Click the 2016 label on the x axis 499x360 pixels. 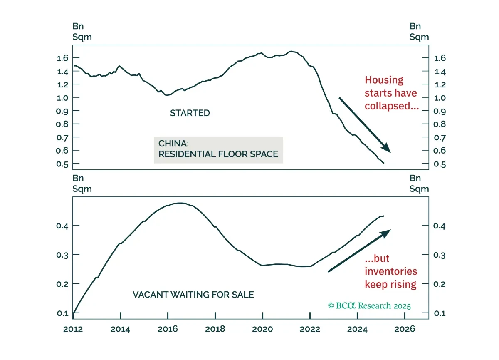168,329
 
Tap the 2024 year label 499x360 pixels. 357,329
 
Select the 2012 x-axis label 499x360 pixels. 73,329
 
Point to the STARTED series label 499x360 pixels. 190,113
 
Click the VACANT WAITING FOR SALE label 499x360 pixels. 193,295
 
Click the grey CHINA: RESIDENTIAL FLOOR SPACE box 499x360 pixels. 218,150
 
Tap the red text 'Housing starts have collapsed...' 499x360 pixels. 391,93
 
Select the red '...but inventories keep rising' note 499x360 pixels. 391,271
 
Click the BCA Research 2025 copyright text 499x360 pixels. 369,305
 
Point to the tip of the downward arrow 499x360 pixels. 390,153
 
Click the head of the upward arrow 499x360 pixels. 390,230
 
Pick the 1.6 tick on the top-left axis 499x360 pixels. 62,58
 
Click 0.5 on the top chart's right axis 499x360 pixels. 440,164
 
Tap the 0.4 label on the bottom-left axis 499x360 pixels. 62,226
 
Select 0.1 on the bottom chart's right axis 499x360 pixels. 440,313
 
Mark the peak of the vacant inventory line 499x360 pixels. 181,203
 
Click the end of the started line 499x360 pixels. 383,163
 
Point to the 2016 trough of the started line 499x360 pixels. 167,95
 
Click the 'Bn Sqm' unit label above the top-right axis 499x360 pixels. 419,32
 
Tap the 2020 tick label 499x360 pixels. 262,329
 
